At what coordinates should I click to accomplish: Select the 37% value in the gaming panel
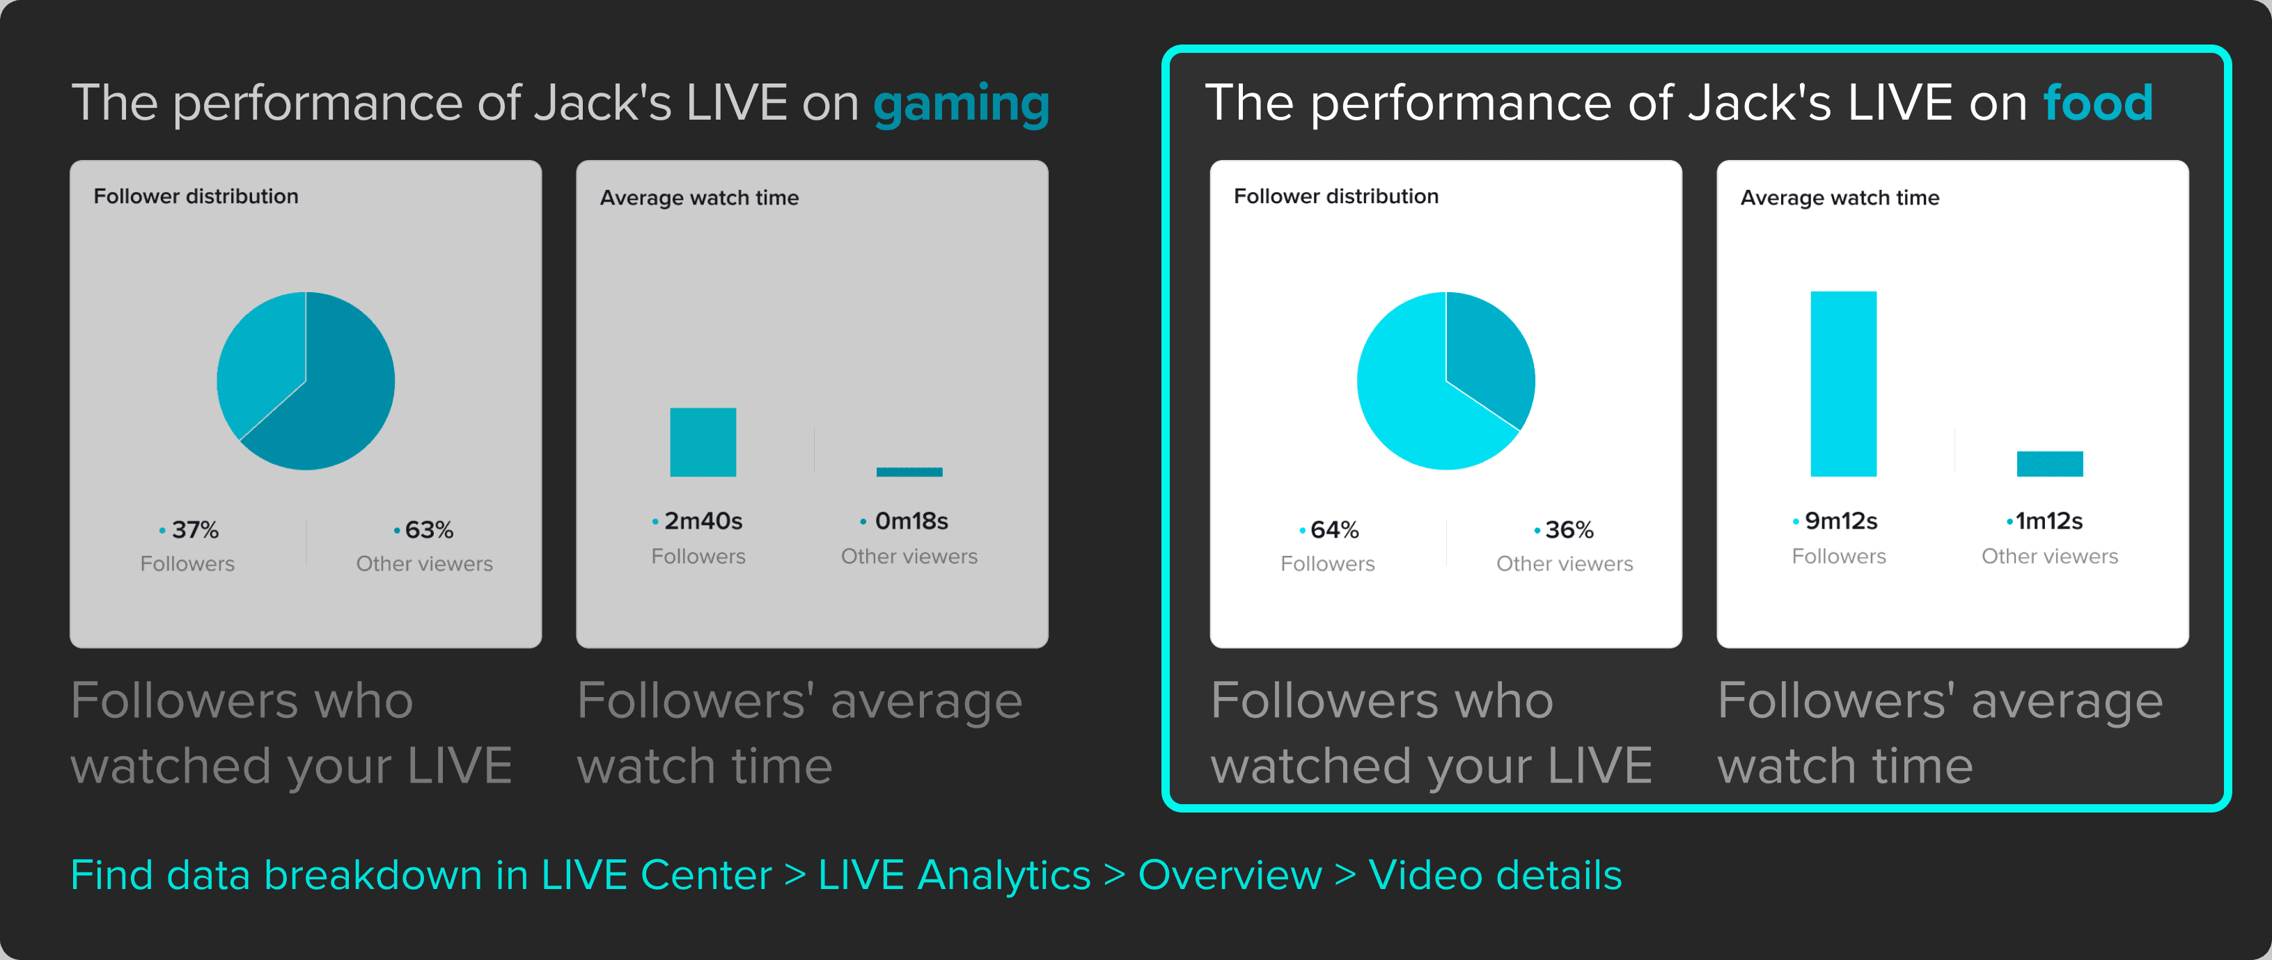point(195,530)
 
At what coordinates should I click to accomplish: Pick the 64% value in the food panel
point(1333,530)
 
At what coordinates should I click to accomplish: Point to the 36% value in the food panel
point(1568,530)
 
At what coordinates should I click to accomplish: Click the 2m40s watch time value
point(703,521)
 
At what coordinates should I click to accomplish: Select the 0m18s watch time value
point(911,521)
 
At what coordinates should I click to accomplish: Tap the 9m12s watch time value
point(1841,521)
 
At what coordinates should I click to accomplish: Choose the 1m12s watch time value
point(2049,521)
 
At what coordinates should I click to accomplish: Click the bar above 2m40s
point(703,442)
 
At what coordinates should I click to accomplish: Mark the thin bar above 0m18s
point(909,472)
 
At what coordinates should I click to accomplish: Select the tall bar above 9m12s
point(1843,383)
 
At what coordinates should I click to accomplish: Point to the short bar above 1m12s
point(2050,464)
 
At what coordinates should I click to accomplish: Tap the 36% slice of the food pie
point(1491,353)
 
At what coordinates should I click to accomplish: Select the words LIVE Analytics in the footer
point(955,875)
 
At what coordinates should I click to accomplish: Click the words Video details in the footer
point(1495,875)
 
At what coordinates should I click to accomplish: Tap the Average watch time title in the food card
point(1840,198)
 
